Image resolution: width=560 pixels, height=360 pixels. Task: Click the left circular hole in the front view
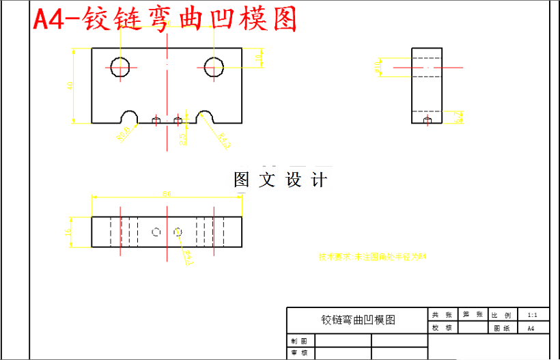pyautogui.click(x=121, y=67)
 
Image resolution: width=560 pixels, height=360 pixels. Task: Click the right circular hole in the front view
pyautogui.click(x=214, y=67)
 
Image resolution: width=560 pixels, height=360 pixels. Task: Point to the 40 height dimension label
pyautogui.click(x=70, y=85)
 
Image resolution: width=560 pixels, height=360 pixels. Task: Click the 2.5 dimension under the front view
pyautogui.click(x=182, y=138)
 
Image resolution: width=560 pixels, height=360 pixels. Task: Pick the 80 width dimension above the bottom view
pyautogui.click(x=166, y=194)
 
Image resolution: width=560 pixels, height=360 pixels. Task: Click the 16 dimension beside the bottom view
pyautogui.click(x=67, y=233)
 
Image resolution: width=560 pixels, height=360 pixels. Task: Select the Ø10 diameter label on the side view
pyautogui.click(x=378, y=67)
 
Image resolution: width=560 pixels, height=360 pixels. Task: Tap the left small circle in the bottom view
pyautogui.click(x=156, y=232)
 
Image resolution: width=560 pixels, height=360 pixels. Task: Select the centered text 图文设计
pyautogui.click(x=280, y=180)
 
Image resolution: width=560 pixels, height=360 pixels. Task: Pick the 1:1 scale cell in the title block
pyautogui.click(x=532, y=315)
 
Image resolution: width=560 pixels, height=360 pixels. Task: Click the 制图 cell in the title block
pyautogui.click(x=298, y=340)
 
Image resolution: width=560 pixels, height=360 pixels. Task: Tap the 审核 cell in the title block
pyautogui.click(x=298, y=353)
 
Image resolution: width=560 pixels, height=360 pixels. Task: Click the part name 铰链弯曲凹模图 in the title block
pyautogui.click(x=357, y=320)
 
